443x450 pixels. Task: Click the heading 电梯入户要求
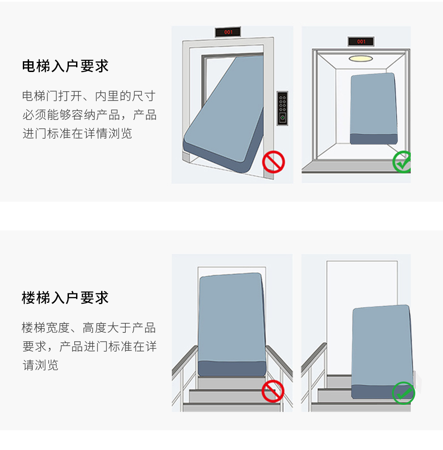[x=65, y=66]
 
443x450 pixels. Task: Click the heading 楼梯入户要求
[x=65, y=297]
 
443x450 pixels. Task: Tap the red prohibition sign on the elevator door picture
[x=273, y=162]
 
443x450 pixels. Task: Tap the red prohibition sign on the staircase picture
[x=273, y=391]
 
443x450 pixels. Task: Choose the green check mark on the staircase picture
[x=403, y=393]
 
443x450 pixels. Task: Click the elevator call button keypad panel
[x=282, y=108]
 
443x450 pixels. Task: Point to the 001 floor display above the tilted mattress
[x=228, y=32]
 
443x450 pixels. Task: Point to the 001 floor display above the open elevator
[x=361, y=42]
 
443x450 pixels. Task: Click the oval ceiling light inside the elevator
[x=361, y=59]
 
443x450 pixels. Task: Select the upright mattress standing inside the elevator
[x=374, y=109]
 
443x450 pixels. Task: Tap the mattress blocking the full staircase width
[x=232, y=325]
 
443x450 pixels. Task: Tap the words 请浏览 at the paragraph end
[x=40, y=365]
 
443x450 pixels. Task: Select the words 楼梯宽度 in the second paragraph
[x=46, y=328]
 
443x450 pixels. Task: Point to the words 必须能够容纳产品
[x=71, y=115]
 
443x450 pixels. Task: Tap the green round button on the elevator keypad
[x=282, y=118]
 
